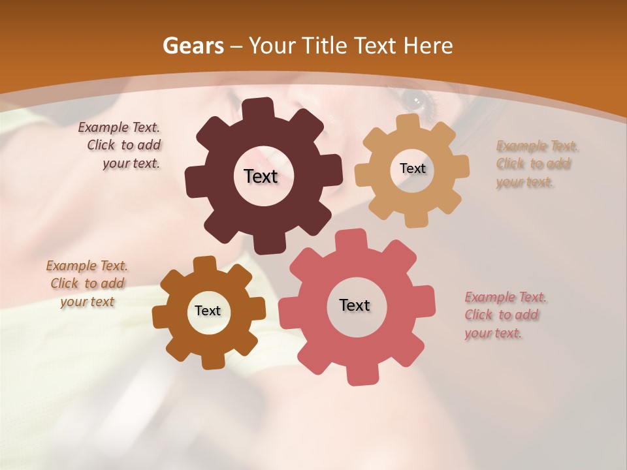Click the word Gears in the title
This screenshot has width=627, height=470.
click(x=193, y=46)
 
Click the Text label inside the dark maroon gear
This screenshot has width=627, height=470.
click(x=261, y=176)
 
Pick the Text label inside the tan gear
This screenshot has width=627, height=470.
click(x=412, y=168)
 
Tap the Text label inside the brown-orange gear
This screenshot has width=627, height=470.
click(x=208, y=311)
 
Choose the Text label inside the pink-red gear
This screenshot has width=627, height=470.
click(x=355, y=305)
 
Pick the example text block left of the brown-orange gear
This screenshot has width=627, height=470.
click(x=87, y=283)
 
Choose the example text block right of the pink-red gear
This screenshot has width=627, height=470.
click(x=505, y=315)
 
